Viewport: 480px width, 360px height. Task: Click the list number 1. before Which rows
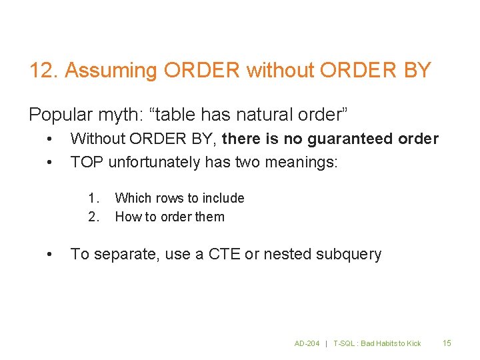pos(94,198)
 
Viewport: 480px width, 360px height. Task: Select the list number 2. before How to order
pos(94,217)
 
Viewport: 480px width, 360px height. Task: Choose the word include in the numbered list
pos(223,198)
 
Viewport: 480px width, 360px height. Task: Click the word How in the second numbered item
pos(126,217)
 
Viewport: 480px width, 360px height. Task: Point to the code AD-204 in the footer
pos(307,343)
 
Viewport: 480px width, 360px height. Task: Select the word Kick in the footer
pos(413,343)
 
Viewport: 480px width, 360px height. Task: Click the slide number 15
pos(447,343)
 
